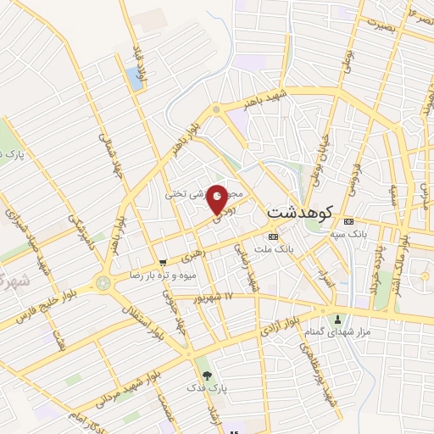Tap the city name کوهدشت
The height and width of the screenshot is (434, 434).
tap(300, 210)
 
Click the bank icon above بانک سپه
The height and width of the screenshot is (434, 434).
tap(341, 224)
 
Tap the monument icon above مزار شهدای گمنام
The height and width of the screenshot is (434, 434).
tap(340, 320)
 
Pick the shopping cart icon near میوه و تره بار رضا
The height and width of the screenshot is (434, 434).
tap(163, 263)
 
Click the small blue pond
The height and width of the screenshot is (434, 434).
tap(134, 79)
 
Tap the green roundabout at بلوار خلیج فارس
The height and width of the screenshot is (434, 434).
tap(103, 283)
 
